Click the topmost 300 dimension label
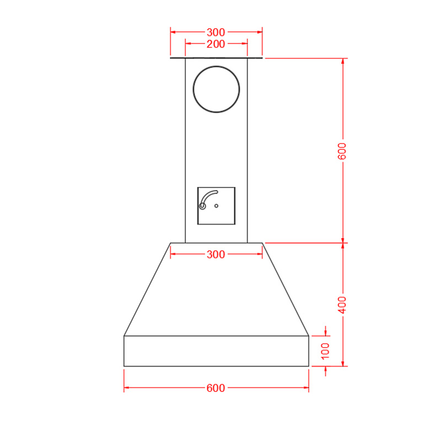click(216, 33)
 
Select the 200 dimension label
click(216, 44)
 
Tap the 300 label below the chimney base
click(216, 255)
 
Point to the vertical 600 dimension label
click(342, 151)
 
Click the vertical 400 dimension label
click(342, 305)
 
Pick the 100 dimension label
click(325, 351)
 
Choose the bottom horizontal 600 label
click(216, 388)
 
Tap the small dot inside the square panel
click(216, 206)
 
